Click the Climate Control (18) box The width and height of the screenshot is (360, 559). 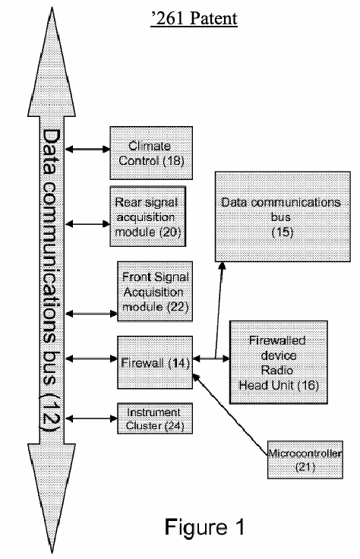click(151, 153)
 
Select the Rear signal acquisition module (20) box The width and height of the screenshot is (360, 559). click(148, 216)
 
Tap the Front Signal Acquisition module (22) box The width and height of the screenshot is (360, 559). click(155, 292)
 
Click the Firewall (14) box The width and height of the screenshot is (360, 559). click(155, 362)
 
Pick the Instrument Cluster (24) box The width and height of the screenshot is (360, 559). click(155, 418)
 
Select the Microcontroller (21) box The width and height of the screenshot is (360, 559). click(305, 460)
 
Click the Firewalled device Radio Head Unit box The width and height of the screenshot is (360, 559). click(279, 362)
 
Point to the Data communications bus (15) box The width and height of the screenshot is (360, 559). click(283, 216)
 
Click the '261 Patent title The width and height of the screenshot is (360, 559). click(194, 18)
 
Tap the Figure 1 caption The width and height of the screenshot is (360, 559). click(204, 527)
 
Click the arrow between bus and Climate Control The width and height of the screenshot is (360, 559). click(87, 149)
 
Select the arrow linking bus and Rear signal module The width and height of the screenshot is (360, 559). click(87, 224)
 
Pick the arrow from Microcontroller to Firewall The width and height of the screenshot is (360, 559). click(230, 415)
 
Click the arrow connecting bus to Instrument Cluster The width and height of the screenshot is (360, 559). click(92, 418)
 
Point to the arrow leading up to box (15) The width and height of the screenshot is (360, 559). click(219, 310)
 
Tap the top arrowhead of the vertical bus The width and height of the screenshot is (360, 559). click(52, 62)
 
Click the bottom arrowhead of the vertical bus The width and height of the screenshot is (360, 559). click(52, 498)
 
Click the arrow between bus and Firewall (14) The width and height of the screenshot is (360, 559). click(92, 358)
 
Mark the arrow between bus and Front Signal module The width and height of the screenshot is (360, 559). click(92, 314)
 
